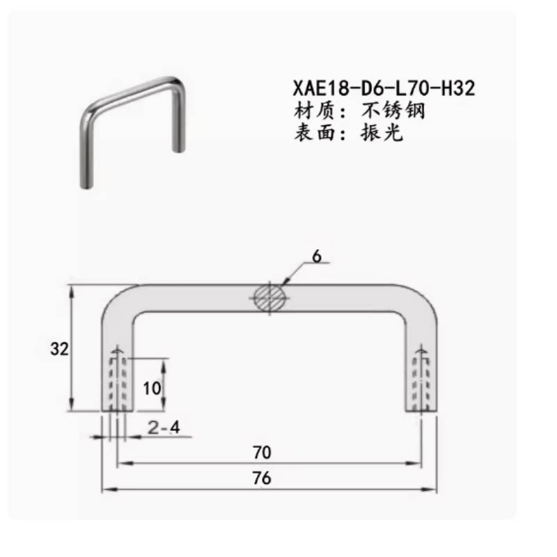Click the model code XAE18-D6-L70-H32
click(384, 88)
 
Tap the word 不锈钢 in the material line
click(393, 111)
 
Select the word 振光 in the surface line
click(382, 133)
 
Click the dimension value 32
click(59, 349)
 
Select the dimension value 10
click(152, 389)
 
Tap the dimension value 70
click(262, 452)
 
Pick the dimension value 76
click(262, 478)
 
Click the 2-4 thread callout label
click(164, 427)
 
